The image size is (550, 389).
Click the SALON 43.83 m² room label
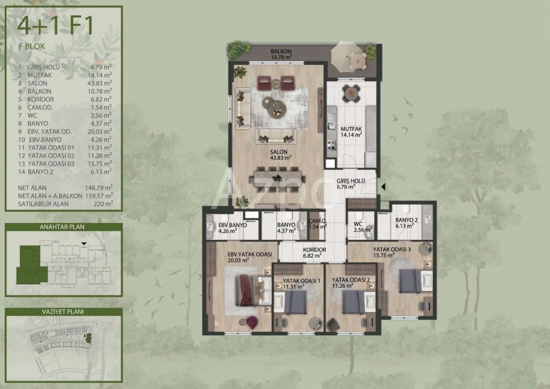(281, 155)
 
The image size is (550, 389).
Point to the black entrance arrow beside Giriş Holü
(383, 187)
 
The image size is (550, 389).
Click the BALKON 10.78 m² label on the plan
(281, 54)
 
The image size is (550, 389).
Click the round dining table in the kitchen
(351, 94)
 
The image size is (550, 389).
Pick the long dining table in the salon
(277, 179)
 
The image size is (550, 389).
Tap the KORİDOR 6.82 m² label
(314, 253)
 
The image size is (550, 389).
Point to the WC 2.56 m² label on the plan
(363, 227)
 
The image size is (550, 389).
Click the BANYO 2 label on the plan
(406, 220)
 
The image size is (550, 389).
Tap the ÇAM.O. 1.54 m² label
(318, 224)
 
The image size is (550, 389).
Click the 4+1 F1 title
(55, 25)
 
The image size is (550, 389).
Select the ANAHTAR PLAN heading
(62, 227)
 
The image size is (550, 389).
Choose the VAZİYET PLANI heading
(63, 312)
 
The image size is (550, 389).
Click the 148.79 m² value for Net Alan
(99, 188)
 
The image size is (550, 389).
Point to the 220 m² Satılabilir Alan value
(103, 204)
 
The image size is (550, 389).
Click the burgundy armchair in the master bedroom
(252, 322)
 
